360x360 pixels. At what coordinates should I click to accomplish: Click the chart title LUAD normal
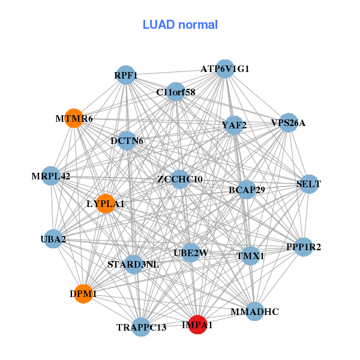point(180,25)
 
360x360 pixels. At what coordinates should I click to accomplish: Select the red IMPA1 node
point(197,324)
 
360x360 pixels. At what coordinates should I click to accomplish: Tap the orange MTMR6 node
point(74,119)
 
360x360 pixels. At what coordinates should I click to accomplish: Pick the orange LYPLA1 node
point(105,203)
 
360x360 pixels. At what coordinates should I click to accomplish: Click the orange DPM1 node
point(83,294)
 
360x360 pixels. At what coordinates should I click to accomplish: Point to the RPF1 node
point(126,75)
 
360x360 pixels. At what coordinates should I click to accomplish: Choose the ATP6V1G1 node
point(224,69)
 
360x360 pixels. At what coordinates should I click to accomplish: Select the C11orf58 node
point(175,92)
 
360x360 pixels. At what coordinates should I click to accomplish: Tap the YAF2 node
point(233,125)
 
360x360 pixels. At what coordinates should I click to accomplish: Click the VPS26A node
point(289,122)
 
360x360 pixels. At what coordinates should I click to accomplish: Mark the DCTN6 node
point(127,141)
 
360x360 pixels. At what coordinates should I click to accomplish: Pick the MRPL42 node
point(52,176)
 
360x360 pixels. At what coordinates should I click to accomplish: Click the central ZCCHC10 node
point(180,179)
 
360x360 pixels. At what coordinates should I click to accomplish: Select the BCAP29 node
point(247,190)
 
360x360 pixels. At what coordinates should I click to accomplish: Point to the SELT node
point(308,184)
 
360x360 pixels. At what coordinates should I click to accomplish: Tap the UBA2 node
point(53,239)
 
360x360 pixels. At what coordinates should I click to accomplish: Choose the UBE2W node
point(190,253)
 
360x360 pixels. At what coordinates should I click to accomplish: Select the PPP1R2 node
point(303,246)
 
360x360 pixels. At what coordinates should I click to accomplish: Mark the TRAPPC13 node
point(141,327)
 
